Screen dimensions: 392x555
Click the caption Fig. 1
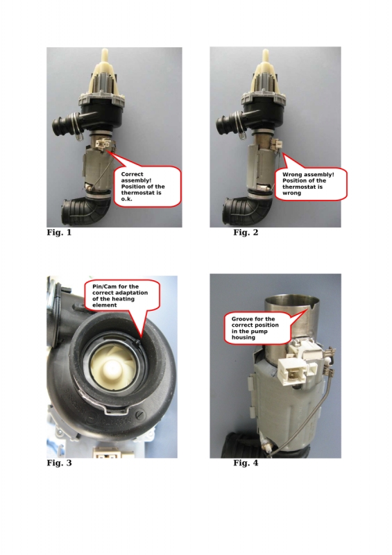click(x=59, y=232)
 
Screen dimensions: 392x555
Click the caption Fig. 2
click(x=246, y=232)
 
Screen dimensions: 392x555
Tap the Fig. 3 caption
click(x=59, y=463)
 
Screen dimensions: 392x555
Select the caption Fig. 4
click(x=246, y=463)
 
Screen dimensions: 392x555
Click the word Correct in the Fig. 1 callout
click(x=132, y=174)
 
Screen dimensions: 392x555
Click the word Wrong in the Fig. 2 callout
click(x=292, y=175)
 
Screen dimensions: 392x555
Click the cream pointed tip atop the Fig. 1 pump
click(x=105, y=55)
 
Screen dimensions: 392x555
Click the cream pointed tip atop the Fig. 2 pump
click(x=264, y=55)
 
